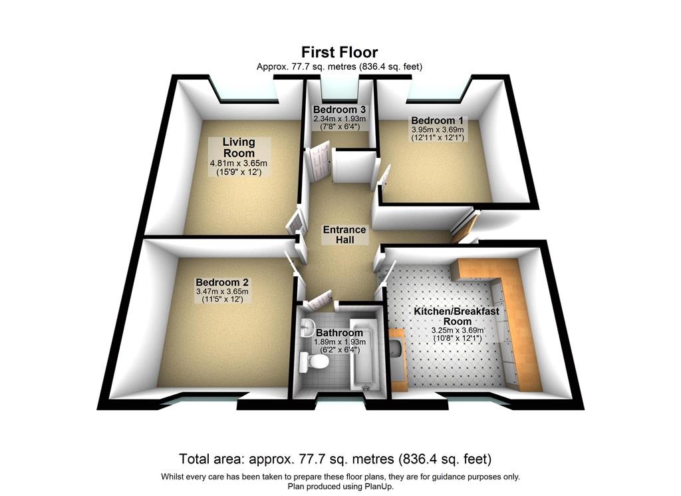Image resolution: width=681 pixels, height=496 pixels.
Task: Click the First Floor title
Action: coord(340,53)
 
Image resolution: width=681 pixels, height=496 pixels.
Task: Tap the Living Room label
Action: coord(239,147)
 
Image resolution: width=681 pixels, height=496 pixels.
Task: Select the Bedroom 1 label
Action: coord(438,121)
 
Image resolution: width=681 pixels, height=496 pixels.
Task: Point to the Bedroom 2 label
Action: coord(222,282)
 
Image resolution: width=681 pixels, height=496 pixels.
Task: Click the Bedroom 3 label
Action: coord(339,110)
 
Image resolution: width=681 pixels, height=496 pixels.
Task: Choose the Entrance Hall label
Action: coord(344,234)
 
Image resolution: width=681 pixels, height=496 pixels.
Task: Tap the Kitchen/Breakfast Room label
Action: coord(457,316)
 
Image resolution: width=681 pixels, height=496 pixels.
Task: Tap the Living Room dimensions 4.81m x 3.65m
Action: coord(239,164)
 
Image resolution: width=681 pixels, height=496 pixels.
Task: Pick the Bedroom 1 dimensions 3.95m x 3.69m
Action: coord(438,130)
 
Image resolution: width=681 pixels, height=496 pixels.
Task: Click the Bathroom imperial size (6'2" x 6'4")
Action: coord(339,350)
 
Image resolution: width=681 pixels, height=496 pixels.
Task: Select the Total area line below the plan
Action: coord(335,459)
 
